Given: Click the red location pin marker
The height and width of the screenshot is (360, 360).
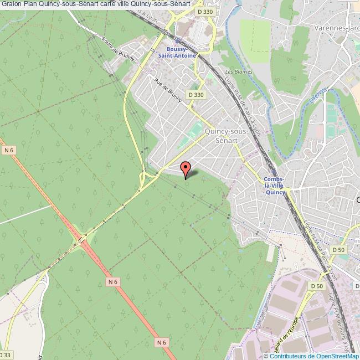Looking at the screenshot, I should pos(186,168).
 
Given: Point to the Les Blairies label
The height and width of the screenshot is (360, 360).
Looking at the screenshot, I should pos(239,72).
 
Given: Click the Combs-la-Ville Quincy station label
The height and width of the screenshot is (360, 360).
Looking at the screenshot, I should pos(275,186).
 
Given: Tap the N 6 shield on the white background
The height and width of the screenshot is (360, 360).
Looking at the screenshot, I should pos(8,150).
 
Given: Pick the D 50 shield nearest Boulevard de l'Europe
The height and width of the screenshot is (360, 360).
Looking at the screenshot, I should pos(317,286).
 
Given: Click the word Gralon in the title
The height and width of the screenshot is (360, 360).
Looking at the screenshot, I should pos(12,4).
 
